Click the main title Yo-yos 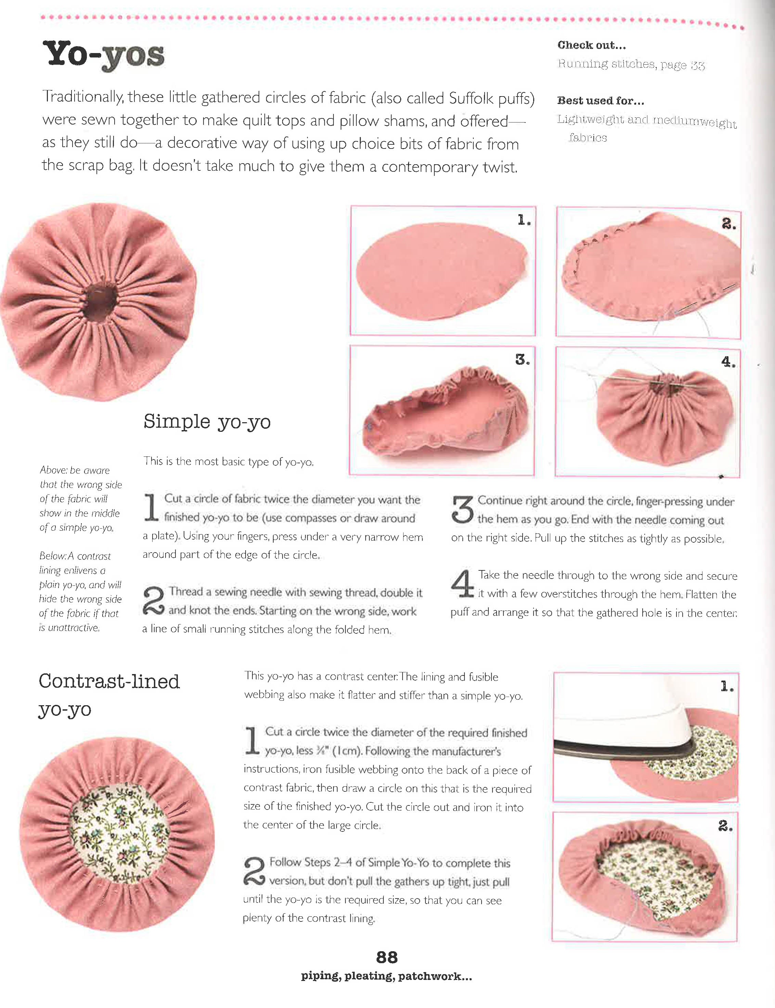click(103, 55)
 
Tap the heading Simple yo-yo click(207, 422)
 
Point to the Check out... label click(591, 45)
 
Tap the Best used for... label click(600, 101)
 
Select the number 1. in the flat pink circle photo click(524, 220)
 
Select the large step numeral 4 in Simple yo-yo click(462, 584)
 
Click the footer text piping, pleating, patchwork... click(386, 976)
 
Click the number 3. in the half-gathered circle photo click(522, 360)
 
